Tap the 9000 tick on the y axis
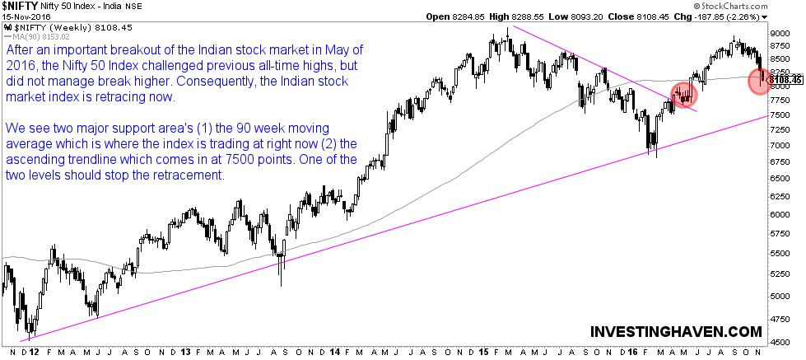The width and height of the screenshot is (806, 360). [x=778, y=33]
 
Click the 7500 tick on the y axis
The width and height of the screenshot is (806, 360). [x=778, y=117]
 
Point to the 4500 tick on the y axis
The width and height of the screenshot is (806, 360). [x=778, y=342]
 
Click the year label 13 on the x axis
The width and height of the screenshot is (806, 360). [x=187, y=352]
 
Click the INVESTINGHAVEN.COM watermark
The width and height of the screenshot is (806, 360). [x=676, y=331]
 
